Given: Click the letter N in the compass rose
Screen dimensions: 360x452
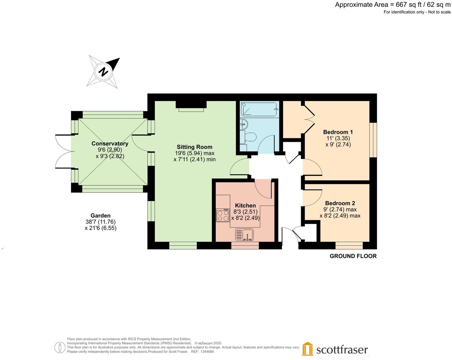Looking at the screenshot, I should pos(104,72).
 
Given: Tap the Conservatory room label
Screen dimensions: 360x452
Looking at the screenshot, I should pos(110,144).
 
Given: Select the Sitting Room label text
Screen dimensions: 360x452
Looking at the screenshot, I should pos(195,147).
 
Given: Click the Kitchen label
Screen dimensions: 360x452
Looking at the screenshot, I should pos(245,206).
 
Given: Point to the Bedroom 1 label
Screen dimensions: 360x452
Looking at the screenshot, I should pos(338,132).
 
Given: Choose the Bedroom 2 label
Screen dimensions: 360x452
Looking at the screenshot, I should pos(340,203).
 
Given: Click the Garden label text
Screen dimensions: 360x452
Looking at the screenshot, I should pos(100,216).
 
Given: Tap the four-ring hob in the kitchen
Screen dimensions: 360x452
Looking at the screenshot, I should pos(223,216).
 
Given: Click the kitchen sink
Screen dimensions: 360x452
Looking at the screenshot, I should pos(244,235).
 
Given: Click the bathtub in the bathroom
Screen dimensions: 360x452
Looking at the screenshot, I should pos(259,109).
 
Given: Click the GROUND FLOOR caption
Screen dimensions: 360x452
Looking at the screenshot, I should pos(353,256).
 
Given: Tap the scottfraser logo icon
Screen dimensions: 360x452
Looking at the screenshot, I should pos(308,349).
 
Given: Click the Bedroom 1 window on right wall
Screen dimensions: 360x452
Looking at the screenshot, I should pos(373,140).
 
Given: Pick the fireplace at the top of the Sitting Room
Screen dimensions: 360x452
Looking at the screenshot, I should pos(191,105).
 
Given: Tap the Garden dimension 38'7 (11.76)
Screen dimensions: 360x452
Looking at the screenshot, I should pos(100,222).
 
